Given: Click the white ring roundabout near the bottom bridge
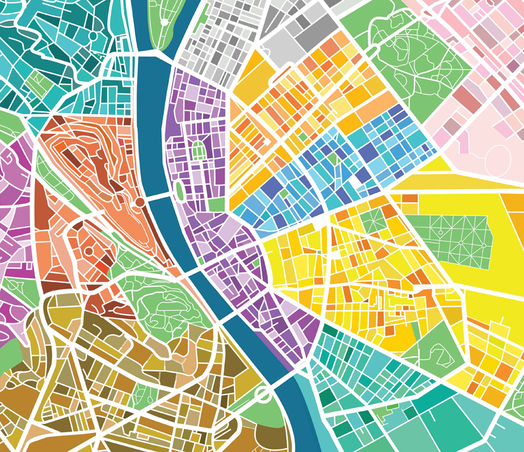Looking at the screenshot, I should pos(262,395).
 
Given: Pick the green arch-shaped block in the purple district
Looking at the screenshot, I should pos(199,153).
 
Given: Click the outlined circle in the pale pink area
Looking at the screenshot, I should pos(498,159).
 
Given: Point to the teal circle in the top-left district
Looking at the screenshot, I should pos(93,36).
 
